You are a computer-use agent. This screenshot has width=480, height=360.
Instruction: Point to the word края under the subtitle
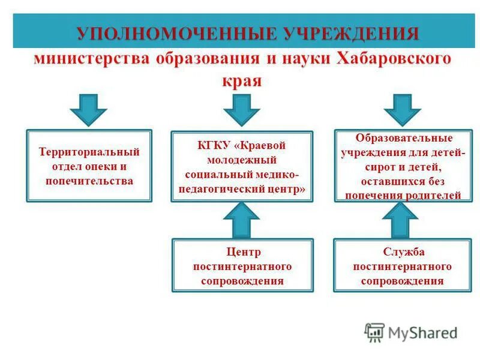click(242, 80)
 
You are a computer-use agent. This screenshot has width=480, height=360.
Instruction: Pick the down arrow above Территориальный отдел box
click(88, 110)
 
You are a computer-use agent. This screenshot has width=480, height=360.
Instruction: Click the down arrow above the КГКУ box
click(242, 110)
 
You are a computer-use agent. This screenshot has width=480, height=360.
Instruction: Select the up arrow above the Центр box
click(242, 221)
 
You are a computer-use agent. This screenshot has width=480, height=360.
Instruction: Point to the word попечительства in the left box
click(89, 180)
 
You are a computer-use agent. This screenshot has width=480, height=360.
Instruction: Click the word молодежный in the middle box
click(242, 160)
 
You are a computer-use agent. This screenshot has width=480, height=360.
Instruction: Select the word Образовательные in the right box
click(403, 138)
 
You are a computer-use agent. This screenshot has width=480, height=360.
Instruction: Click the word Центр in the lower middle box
click(242, 252)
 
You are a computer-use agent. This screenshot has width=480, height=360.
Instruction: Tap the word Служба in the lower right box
click(403, 252)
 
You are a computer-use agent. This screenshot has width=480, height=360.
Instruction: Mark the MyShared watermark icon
click(374, 332)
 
